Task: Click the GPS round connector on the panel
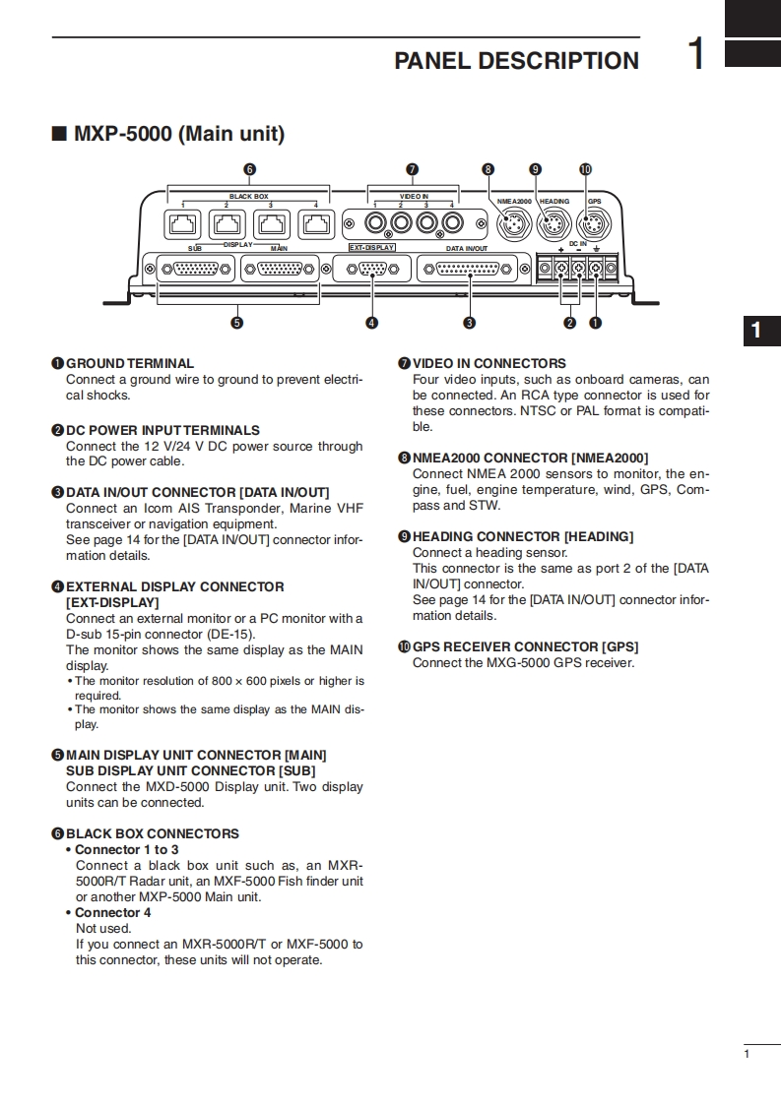[x=593, y=224]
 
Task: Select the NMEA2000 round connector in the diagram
[x=510, y=225]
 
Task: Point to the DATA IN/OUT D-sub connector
[x=469, y=269]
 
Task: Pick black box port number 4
[x=315, y=224]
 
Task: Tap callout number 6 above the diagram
[x=249, y=169]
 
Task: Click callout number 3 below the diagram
[x=470, y=322]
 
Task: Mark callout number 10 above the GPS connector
[x=586, y=169]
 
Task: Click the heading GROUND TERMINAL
[x=129, y=363]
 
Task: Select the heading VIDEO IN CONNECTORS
[x=488, y=363]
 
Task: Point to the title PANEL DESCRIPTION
[x=516, y=61]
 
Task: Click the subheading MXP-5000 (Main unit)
[x=178, y=134]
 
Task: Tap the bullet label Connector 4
[x=113, y=912]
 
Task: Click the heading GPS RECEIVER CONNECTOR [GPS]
[x=524, y=646]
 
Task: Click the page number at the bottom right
[x=748, y=1055]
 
